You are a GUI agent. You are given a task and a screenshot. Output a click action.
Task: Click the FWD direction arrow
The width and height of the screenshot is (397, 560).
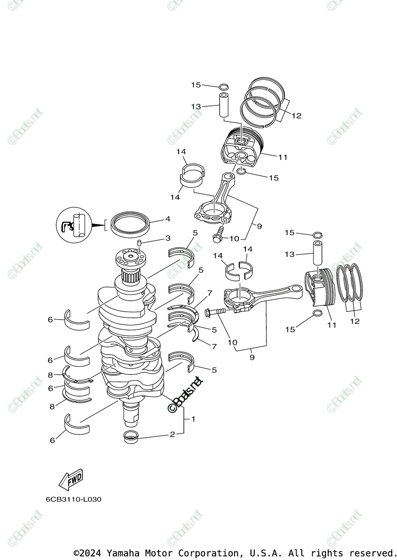(70, 479)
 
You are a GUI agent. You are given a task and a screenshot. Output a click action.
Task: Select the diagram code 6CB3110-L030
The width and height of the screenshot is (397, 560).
(73, 499)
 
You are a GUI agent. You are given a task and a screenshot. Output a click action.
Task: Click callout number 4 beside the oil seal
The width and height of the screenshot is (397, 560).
(154, 219)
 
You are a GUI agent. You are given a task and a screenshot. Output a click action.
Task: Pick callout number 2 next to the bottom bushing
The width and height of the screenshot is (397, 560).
(172, 434)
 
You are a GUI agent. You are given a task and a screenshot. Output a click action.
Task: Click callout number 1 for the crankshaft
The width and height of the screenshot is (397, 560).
(193, 419)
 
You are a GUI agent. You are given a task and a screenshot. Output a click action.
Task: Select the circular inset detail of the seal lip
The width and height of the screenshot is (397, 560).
(74, 225)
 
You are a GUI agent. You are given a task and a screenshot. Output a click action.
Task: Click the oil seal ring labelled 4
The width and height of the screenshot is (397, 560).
(130, 223)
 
